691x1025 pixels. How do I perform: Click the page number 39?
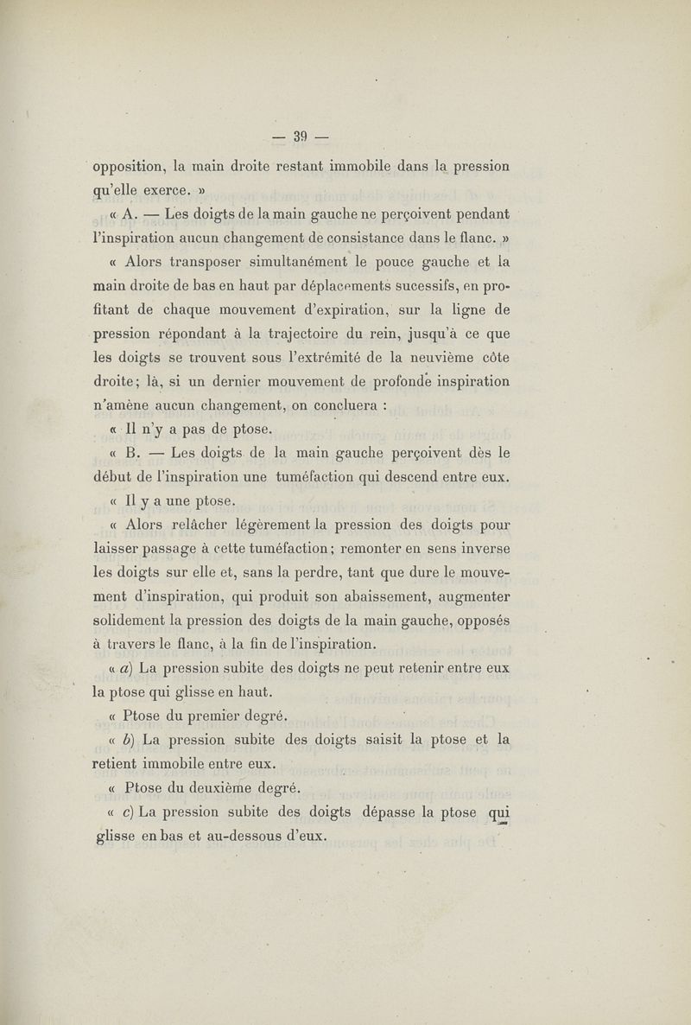[301, 136]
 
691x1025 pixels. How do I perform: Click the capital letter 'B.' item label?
[132, 452]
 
